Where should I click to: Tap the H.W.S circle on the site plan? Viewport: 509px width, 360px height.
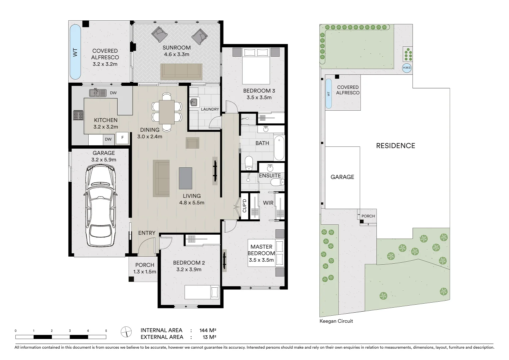click(x=407, y=68)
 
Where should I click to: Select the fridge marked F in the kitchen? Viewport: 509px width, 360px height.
click(x=122, y=138)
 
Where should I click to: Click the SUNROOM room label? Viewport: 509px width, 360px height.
click(x=177, y=48)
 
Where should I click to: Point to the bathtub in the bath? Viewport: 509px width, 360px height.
click(x=279, y=148)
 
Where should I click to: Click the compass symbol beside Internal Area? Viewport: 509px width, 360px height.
click(x=126, y=332)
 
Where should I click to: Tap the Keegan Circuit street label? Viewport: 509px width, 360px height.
click(x=336, y=321)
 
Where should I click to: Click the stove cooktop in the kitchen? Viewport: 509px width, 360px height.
click(x=78, y=115)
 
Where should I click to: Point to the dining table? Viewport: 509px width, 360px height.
click(x=167, y=112)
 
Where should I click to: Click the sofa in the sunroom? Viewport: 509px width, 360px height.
click(x=181, y=72)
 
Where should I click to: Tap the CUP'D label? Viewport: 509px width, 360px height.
click(x=245, y=206)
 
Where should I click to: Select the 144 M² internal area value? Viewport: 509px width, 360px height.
click(x=208, y=330)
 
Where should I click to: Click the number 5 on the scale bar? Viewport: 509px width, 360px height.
click(x=106, y=331)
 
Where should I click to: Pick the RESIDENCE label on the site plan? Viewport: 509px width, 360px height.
click(x=396, y=146)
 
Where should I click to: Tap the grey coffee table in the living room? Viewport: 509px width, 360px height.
click(x=186, y=178)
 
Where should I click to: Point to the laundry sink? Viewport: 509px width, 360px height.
click(x=194, y=102)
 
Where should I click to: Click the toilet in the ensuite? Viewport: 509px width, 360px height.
click(x=277, y=182)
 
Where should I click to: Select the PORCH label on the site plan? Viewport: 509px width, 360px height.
click(x=368, y=216)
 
